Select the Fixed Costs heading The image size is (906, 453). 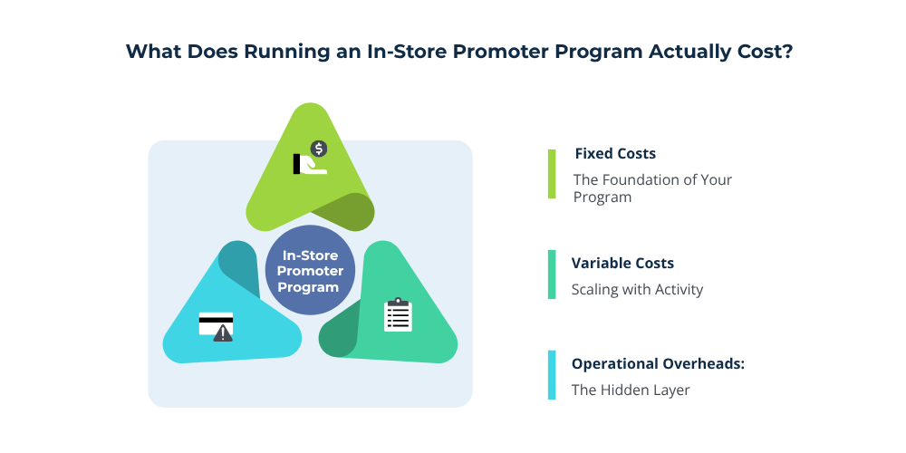point(615,154)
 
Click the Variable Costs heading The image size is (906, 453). point(622,264)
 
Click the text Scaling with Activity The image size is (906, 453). point(637,290)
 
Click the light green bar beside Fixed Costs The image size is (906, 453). point(552,174)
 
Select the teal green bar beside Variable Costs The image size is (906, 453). point(552,275)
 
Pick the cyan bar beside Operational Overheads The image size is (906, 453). point(552,375)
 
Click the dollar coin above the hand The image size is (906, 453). point(318,148)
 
